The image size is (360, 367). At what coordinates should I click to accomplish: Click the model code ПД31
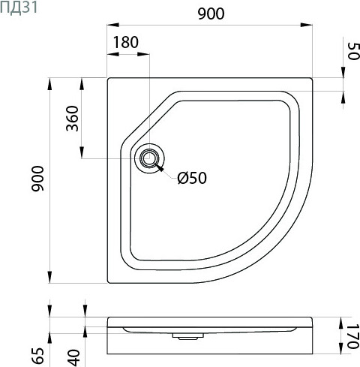click(16, 8)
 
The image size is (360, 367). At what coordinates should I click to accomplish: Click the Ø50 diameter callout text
click(191, 178)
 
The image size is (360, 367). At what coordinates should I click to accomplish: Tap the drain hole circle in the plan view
click(148, 158)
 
